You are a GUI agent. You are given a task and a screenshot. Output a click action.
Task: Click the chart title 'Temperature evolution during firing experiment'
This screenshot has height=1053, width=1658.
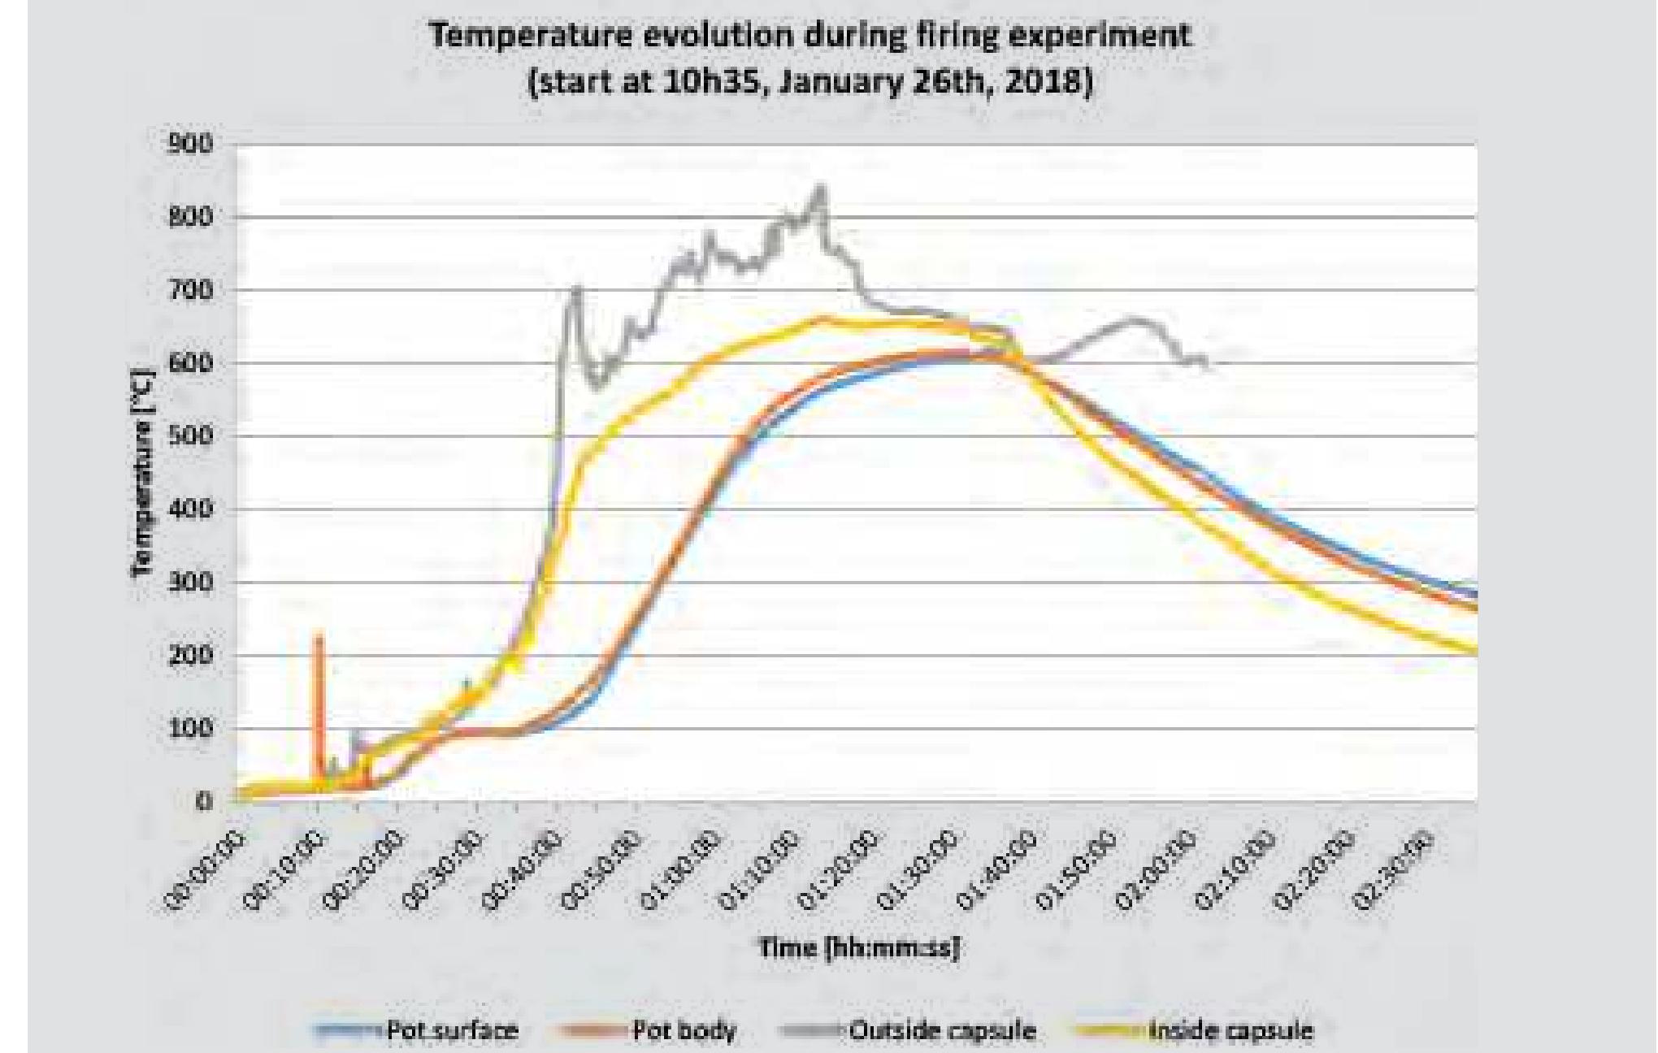[x=810, y=37]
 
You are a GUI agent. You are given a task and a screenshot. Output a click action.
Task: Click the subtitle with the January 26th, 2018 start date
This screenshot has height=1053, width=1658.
[x=810, y=83]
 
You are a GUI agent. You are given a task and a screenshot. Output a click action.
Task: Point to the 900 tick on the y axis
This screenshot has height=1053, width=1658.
[x=190, y=145]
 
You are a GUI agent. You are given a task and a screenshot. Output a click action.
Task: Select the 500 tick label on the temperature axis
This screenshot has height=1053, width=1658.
[x=190, y=436]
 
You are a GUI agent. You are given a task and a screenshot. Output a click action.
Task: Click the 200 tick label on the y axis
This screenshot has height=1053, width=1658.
[x=190, y=656]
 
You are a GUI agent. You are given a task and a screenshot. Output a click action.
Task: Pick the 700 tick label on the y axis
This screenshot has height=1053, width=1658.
[x=190, y=290]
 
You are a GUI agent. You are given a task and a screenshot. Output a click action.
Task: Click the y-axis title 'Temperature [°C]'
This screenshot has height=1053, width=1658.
[x=143, y=472]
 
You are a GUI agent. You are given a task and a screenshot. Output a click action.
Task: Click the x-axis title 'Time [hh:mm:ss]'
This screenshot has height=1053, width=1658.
[x=859, y=947]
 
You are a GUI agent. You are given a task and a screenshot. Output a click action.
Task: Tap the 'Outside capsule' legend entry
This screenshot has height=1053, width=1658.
[x=942, y=1031]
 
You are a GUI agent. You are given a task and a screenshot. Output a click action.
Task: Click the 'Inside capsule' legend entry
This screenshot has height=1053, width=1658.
[x=1230, y=1031]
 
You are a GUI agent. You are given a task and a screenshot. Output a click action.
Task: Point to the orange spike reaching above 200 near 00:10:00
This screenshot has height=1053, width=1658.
[x=319, y=635]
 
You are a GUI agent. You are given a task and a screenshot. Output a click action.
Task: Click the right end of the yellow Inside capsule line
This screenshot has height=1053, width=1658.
[x=1475, y=651]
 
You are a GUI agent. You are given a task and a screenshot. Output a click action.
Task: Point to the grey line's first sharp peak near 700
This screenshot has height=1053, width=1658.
[x=576, y=288]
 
